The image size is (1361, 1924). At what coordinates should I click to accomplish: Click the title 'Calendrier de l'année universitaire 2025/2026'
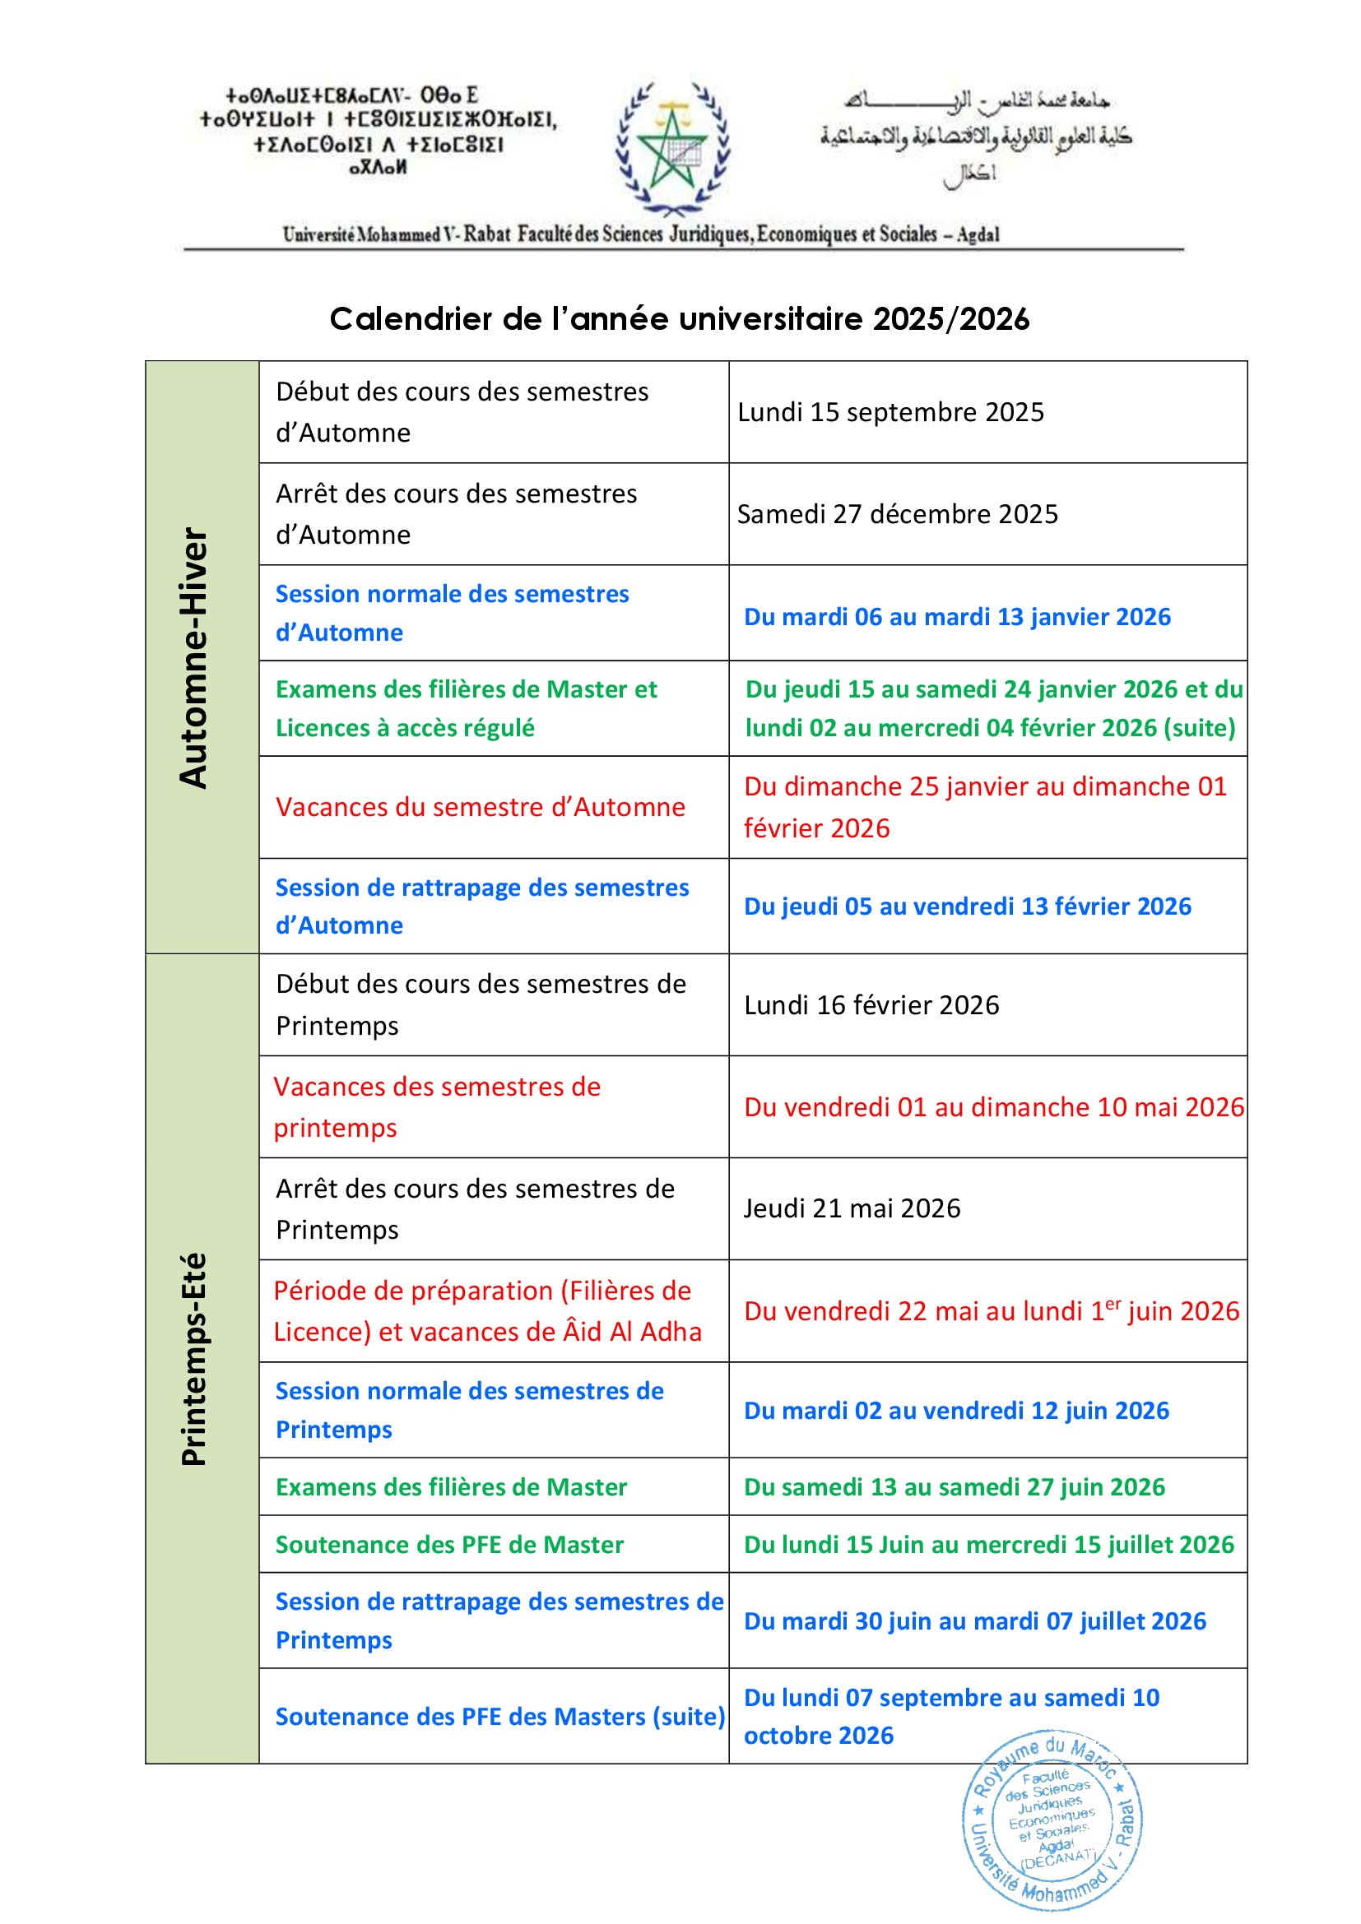coord(679,319)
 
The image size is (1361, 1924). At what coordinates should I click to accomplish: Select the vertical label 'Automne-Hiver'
coord(193,658)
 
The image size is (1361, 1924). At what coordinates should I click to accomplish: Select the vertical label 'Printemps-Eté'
coord(193,1358)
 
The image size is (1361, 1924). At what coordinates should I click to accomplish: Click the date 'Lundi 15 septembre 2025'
coord(890,412)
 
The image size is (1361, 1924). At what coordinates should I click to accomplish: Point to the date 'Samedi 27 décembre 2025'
coord(897,513)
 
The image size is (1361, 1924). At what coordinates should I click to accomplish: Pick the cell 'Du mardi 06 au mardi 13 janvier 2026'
coord(957,617)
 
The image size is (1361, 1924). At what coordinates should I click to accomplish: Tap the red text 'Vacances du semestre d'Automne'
coord(481,807)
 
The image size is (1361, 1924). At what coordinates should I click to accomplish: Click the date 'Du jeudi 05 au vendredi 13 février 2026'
coord(967,906)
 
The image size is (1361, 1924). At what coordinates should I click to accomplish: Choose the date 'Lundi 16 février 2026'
coord(871,1004)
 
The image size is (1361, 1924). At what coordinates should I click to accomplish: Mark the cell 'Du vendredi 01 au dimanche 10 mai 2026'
coord(994,1107)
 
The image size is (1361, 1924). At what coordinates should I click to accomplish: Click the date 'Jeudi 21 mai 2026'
coord(852,1208)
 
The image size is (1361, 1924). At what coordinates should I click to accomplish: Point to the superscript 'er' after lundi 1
coord(1113,1303)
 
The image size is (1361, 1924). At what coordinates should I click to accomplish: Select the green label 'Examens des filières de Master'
coord(451,1486)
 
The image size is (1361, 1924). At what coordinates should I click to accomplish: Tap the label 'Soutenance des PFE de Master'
coord(449,1545)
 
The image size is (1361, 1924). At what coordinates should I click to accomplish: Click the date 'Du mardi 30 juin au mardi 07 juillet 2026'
coord(974,1620)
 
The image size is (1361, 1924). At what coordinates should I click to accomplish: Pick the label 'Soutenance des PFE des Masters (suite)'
coord(500,1716)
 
